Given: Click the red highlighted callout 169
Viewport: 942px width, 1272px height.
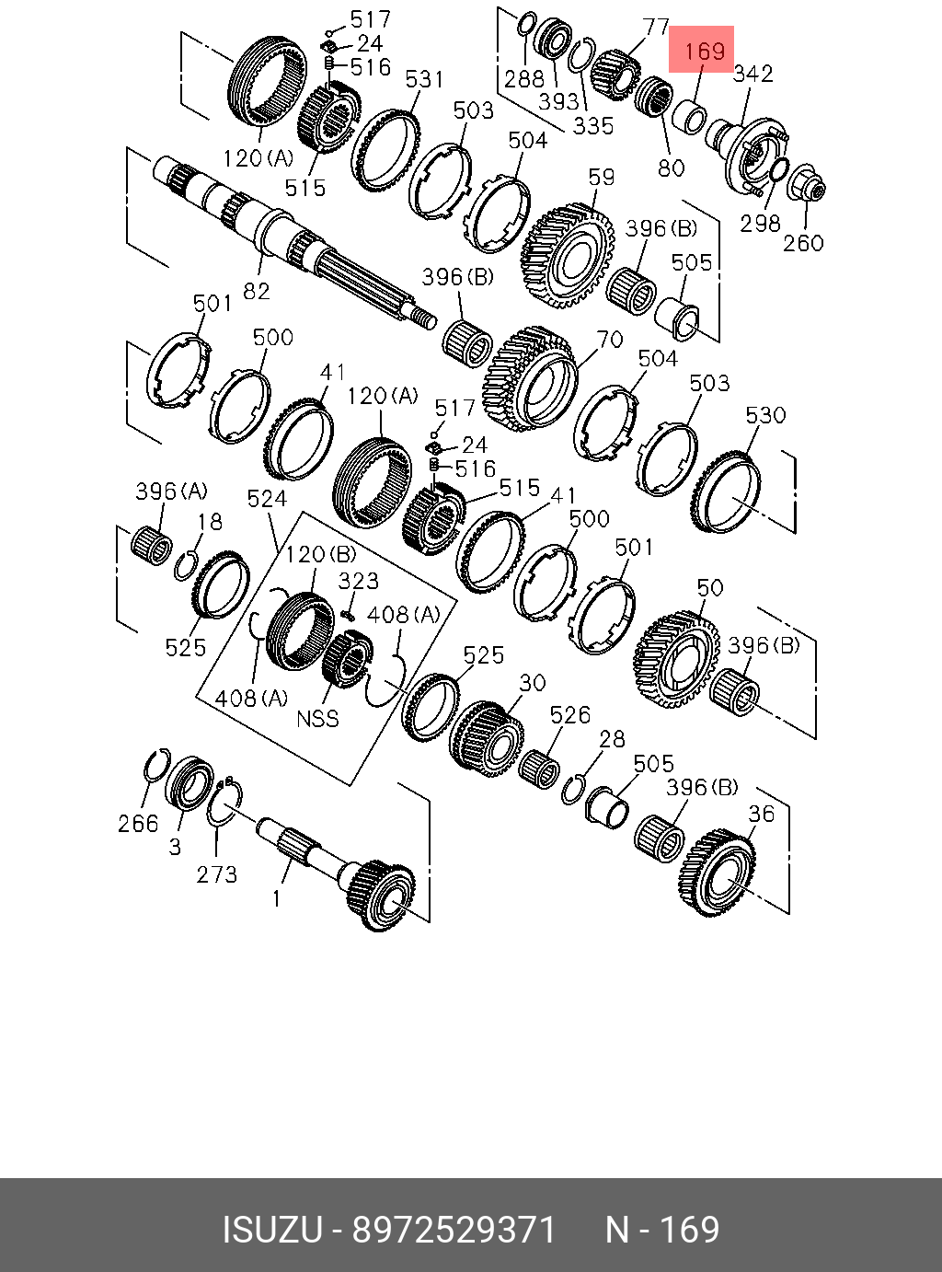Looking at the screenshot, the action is tap(701, 50).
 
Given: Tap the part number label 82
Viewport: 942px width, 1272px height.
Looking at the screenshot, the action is tap(257, 291).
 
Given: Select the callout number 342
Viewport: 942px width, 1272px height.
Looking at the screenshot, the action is tap(752, 74).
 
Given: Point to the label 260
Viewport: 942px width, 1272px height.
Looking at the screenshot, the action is tap(803, 243).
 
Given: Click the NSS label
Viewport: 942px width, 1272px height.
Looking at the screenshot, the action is tap(317, 718).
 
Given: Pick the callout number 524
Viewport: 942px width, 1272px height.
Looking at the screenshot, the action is tap(267, 499).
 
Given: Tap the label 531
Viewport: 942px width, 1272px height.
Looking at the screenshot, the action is tap(424, 80).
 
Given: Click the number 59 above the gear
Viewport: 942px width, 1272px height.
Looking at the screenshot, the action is tap(601, 176).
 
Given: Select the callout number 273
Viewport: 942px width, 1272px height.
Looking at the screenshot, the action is tap(217, 874).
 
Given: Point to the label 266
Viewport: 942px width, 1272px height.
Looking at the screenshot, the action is tap(138, 824).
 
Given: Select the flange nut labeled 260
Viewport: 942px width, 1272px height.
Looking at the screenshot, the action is tap(807, 183).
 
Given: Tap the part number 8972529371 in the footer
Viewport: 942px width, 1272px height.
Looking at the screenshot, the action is tap(455, 1231).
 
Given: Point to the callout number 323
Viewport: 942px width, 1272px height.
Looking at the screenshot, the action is tap(358, 581).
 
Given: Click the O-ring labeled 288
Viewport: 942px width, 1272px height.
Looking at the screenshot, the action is tap(528, 24).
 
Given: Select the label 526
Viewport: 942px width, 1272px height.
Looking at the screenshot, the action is tap(569, 715).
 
